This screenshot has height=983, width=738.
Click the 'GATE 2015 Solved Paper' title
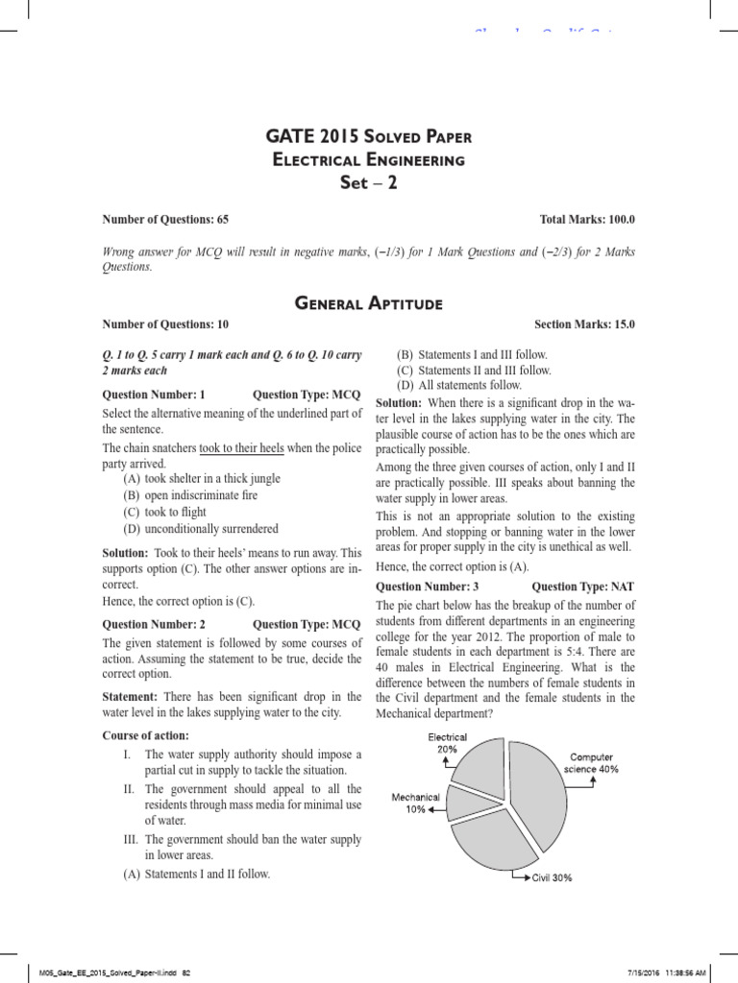coord(369,137)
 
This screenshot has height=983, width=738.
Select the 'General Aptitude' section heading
coord(369,304)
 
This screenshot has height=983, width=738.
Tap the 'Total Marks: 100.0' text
coord(587,220)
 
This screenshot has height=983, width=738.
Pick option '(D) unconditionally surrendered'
coord(200,529)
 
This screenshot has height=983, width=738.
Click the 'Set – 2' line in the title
coord(369,182)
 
